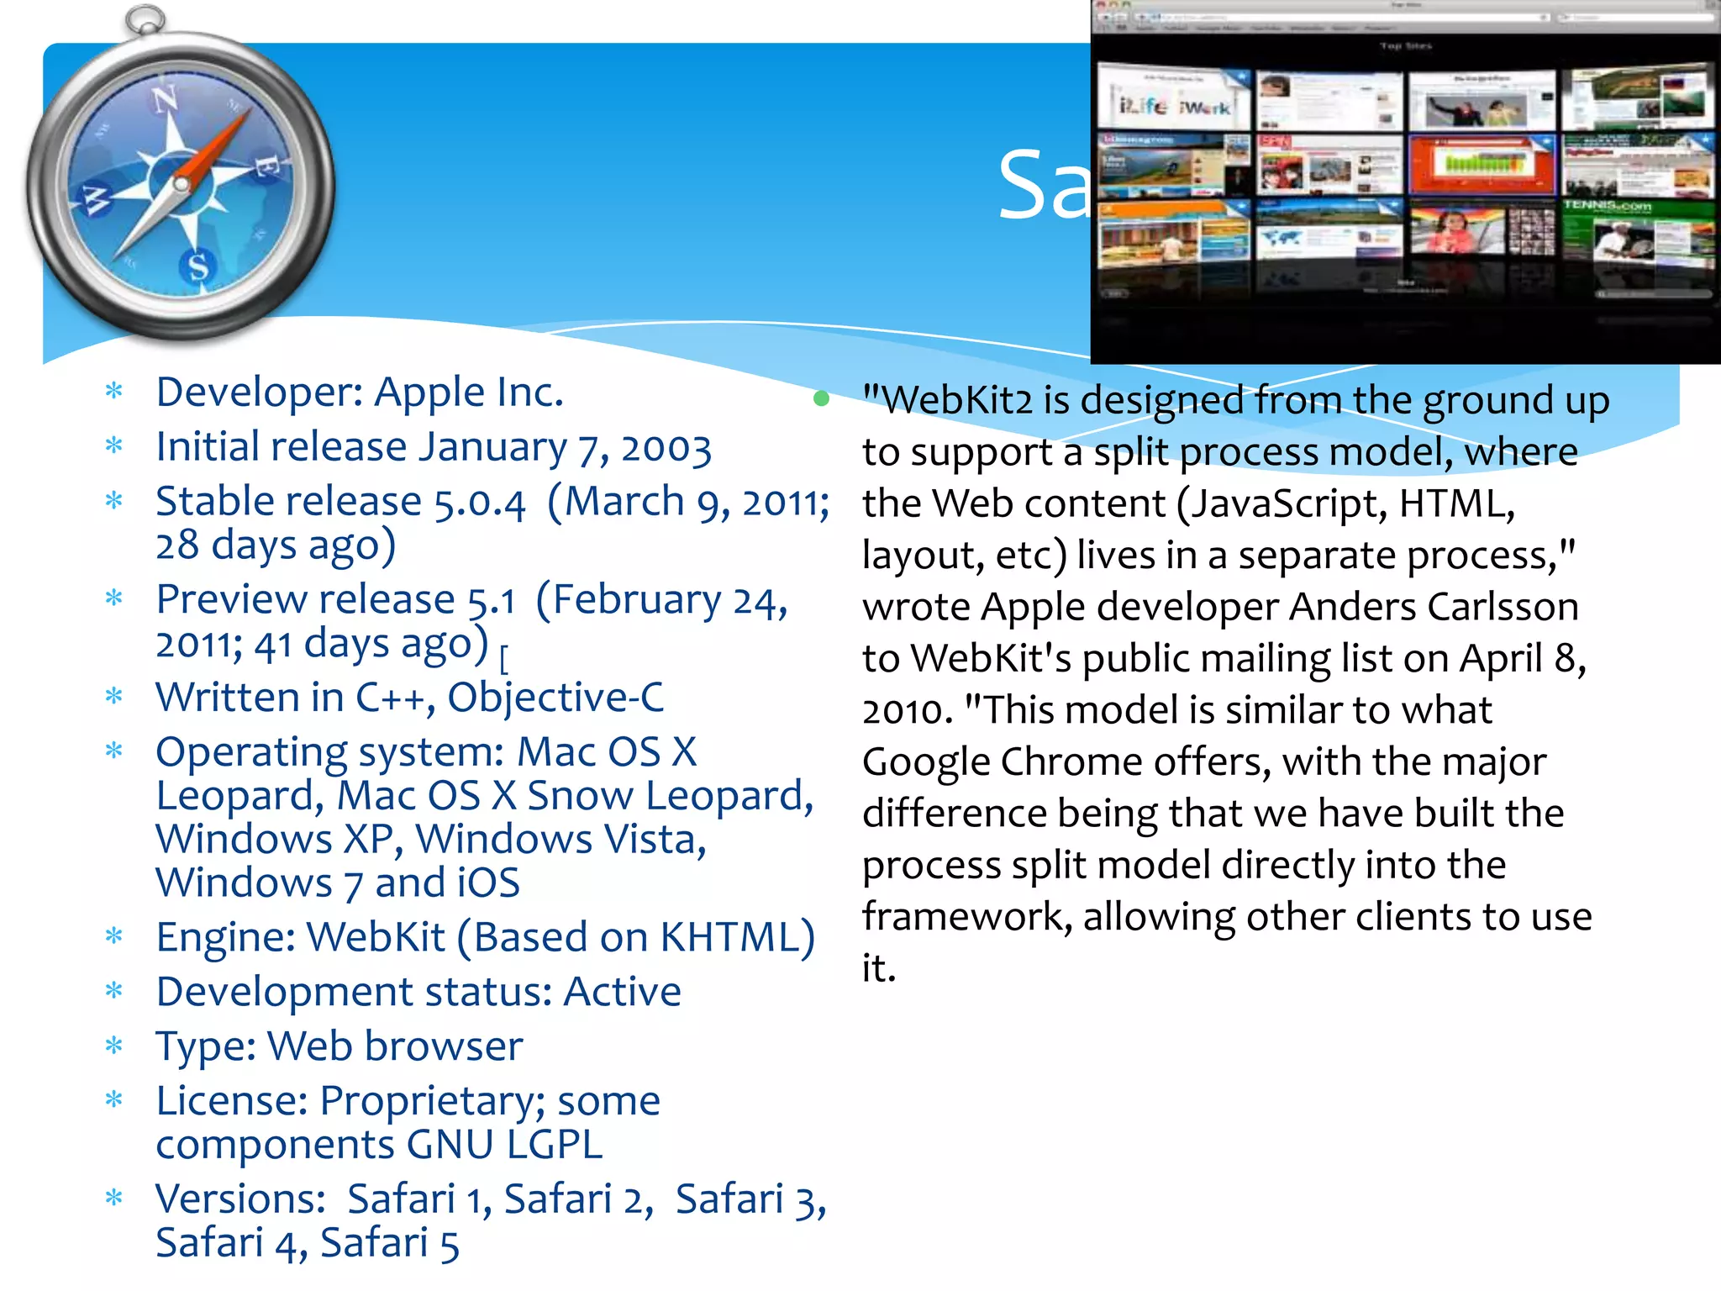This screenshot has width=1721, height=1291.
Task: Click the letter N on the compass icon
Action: (165, 100)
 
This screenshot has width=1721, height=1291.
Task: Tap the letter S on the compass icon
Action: (198, 267)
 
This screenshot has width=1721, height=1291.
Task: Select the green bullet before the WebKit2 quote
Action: (821, 399)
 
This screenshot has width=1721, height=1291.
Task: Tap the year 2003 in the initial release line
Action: (666, 448)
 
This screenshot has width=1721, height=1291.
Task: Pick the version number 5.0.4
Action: (479, 503)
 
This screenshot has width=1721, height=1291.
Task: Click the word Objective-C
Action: (555, 698)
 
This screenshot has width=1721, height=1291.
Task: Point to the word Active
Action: (622, 993)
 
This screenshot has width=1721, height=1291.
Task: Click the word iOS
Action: (488, 883)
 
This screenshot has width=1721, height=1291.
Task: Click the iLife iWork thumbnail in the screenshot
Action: (1174, 102)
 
